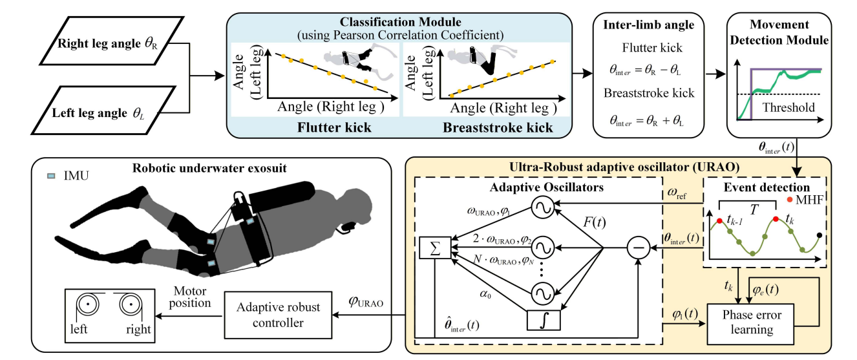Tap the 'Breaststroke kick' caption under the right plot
coord(498,127)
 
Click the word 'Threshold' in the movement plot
coord(793,107)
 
